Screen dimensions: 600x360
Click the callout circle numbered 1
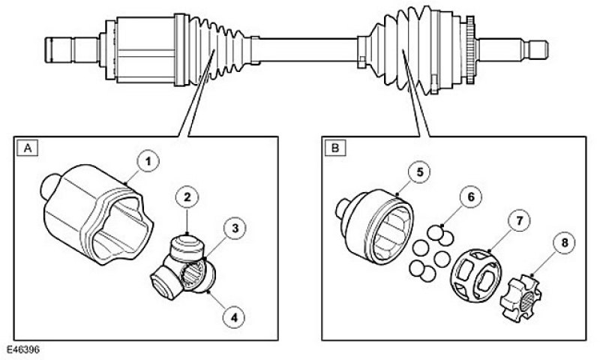tap(148, 162)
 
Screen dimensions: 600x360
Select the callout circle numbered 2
tap(187, 198)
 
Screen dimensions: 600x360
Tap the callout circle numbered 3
tap(235, 229)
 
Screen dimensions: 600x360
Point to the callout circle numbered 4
tap(234, 316)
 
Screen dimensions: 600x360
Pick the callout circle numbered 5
tap(419, 172)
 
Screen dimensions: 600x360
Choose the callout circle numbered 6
tap(470, 197)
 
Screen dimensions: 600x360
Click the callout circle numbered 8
tap(565, 243)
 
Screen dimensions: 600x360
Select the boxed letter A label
tap(28, 148)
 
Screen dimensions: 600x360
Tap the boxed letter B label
tap(335, 148)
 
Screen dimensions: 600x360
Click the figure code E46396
tap(23, 349)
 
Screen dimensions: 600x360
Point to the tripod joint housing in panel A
tap(97, 214)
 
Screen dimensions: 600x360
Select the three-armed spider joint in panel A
tap(183, 267)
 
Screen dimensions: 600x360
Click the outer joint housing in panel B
tap(374, 226)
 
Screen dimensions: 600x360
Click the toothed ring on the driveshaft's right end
tap(470, 49)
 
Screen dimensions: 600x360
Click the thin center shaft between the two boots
tap(308, 49)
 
